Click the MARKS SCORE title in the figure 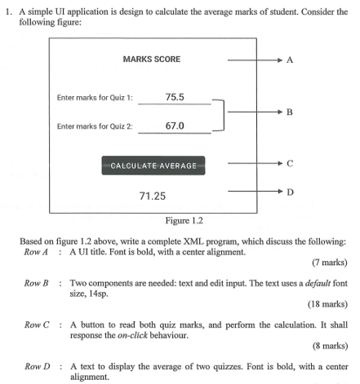click(151, 60)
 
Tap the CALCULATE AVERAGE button click(153, 166)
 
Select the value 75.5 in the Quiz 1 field click(175, 97)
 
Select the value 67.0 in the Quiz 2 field click(175, 126)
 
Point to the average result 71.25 click(153, 196)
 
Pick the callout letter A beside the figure click(290, 60)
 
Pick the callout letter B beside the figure click(290, 113)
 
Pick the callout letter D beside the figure click(290, 192)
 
